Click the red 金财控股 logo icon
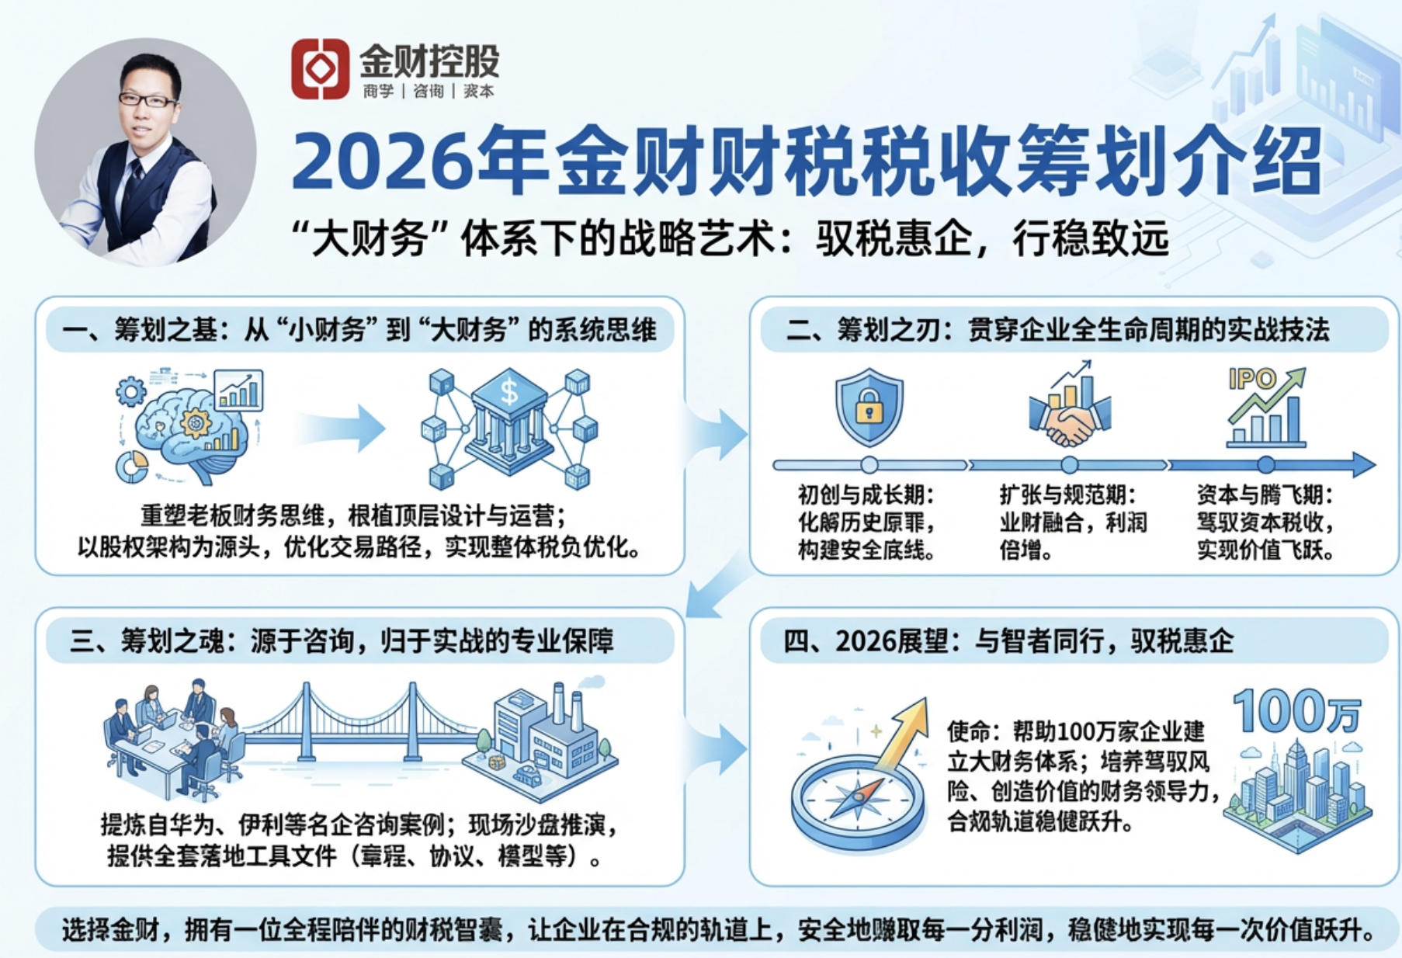click(x=320, y=69)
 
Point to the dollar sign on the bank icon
click(x=509, y=391)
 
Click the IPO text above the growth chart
click(x=1251, y=379)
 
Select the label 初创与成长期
click(x=866, y=495)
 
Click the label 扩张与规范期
click(x=1067, y=495)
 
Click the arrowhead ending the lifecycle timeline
click(x=1364, y=464)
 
